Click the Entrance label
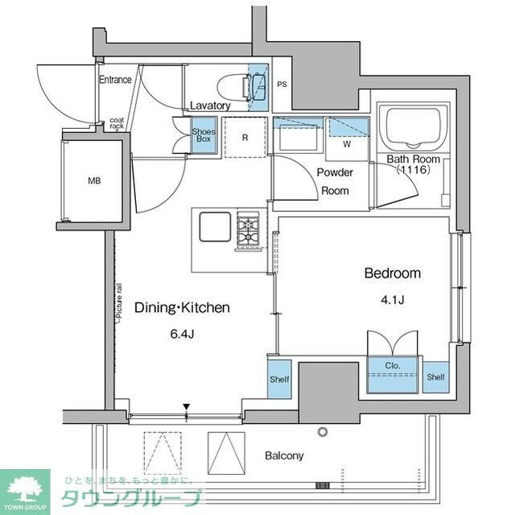pyautogui.click(x=115, y=80)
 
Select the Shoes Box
pyautogui.click(x=201, y=134)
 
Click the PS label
pyautogui.click(x=282, y=84)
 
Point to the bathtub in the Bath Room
pyautogui.click(x=414, y=127)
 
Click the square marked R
pyautogui.click(x=245, y=137)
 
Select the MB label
pyautogui.click(x=95, y=181)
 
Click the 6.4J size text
pyautogui.click(x=181, y=334)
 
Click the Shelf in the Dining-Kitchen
pyautogui.click(x=279, y=378)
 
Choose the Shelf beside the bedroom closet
pyautogui.click(x=435, y=376)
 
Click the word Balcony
pyautogui.click(x=284, y=455)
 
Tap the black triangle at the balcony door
pyautogui.click(x=186, y=408)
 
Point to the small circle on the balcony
pyautogui.click(x=323, y=432)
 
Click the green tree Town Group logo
pyautogui.click(x=24, y=487)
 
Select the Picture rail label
pyautogui.click(x=117, y=302)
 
